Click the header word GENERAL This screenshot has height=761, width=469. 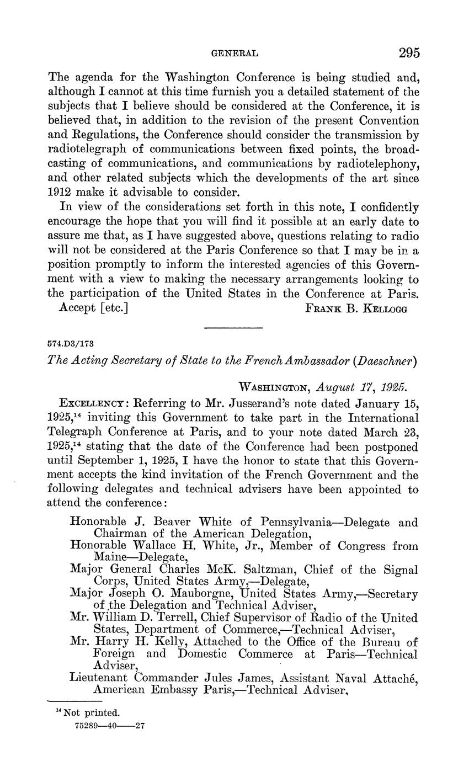pos(235,54)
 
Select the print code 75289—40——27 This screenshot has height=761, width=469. pos(109,726)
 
